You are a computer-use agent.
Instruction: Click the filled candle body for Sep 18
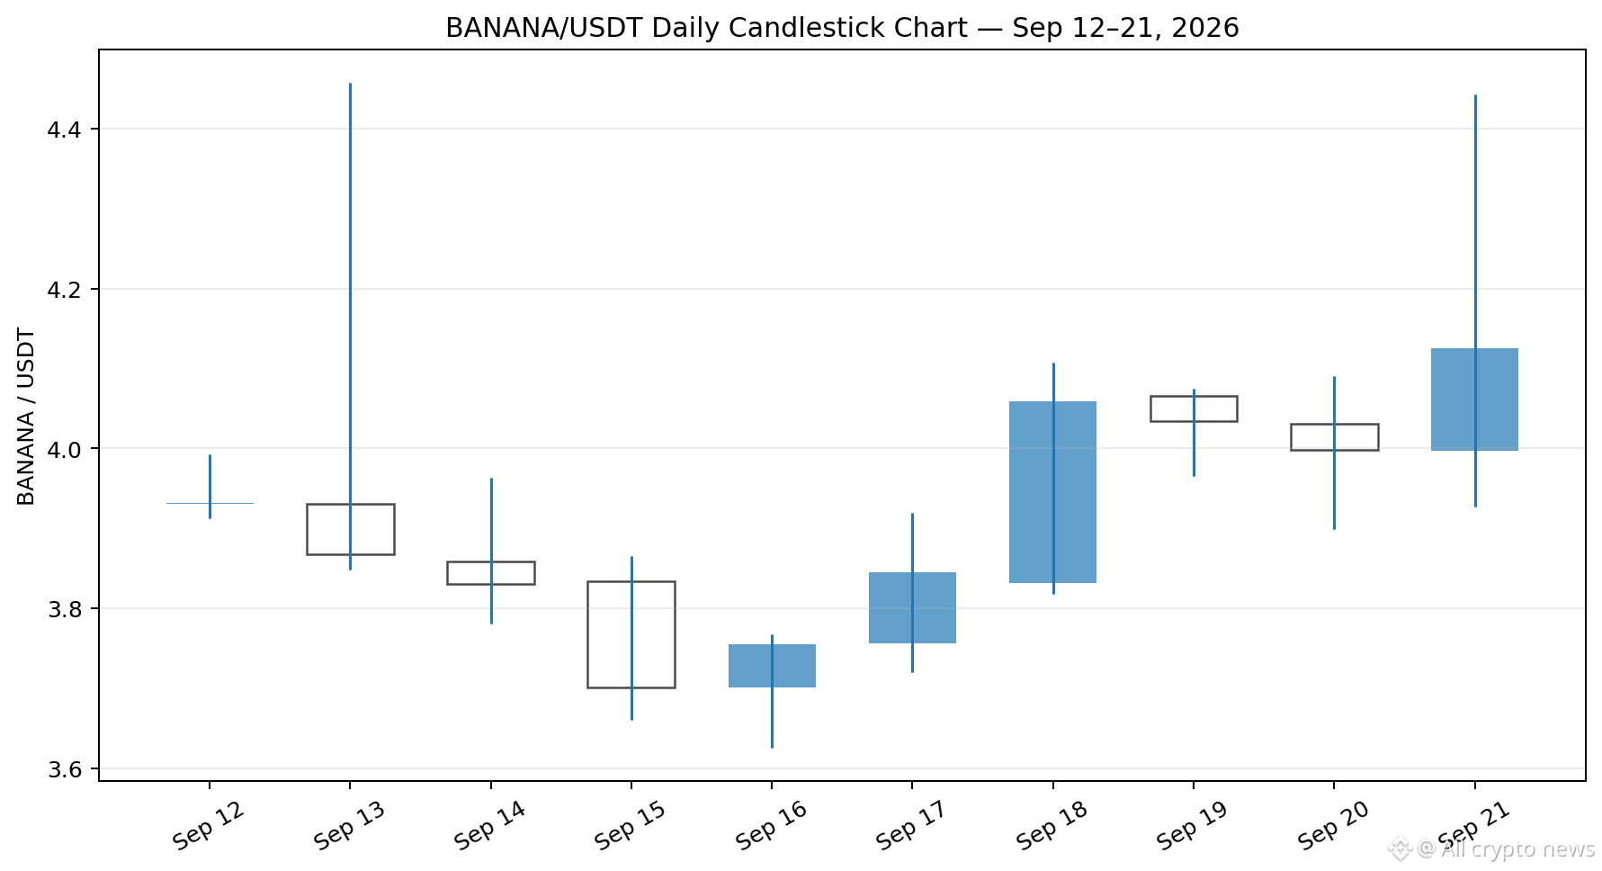point(1052,492)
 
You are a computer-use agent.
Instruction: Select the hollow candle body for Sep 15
point(587,634)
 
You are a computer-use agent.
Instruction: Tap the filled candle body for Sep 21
point(1474,400)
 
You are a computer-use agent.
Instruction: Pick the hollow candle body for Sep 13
point(307,529)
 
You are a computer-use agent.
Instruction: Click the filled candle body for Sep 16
point(772,666)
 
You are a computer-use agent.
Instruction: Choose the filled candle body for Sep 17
point(912,607)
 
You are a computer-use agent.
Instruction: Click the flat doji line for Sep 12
point(210,503)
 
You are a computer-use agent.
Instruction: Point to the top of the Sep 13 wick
point(350,84)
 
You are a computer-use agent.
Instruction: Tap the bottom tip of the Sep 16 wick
point(772,748)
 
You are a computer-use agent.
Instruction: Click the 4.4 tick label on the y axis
point(63,130)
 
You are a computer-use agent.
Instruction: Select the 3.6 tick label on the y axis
point(63,769)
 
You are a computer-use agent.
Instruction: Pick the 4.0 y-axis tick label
point(63,449)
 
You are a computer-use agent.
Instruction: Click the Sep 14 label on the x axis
point(489,826)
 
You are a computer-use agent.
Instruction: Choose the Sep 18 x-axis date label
point(1052,826)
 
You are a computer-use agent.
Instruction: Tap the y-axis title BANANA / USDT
point(26,417)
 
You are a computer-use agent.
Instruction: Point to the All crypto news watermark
point(1492,849)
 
